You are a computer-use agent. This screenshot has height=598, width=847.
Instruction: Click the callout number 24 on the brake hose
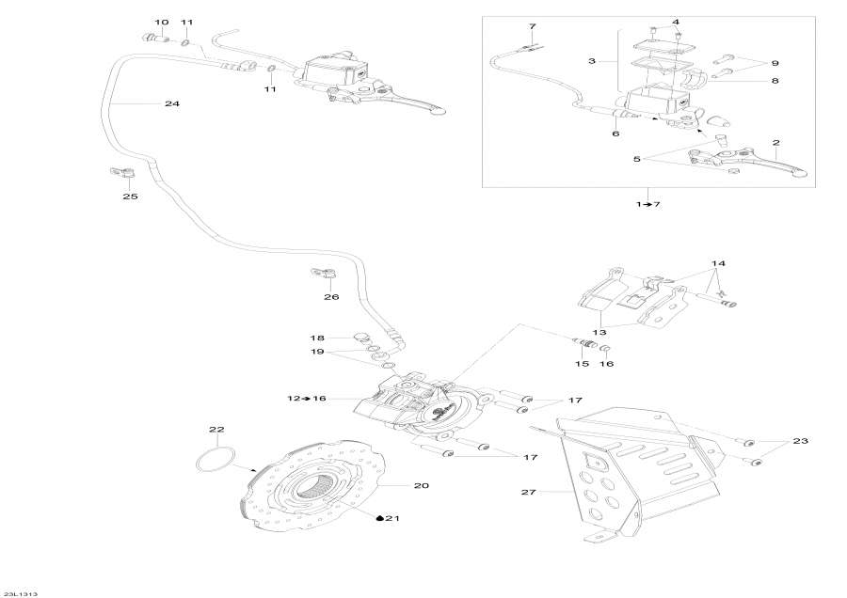tap(171, 103)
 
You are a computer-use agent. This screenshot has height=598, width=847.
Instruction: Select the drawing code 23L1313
tap(20, 593)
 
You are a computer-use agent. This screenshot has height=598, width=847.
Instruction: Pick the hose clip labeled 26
tap(324, 274)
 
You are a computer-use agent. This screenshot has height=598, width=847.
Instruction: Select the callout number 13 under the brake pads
tap(599, 331)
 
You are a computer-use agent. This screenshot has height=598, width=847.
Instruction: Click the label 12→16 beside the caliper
tap(306, 399)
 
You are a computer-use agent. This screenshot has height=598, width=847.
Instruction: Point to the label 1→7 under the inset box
tap(648, 204)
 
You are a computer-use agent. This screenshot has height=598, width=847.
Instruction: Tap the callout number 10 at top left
tap(161, 22)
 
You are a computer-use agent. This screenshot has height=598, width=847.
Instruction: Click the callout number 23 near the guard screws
tap(800, 441)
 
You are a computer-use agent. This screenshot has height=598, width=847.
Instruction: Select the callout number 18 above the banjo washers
tap(317, 338)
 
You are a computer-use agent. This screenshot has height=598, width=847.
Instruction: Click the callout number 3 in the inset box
tap(592, 61)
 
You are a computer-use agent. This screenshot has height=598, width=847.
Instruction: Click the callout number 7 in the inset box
tap(532, 25)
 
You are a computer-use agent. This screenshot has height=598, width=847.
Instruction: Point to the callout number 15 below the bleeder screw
tap(582, 363)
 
